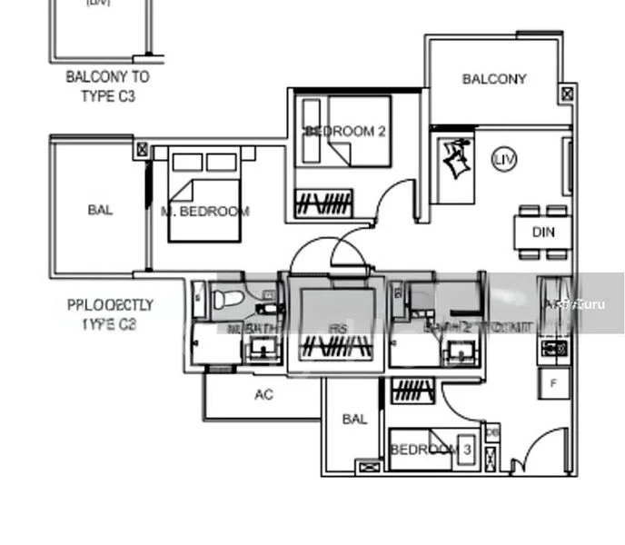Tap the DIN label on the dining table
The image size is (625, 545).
[543, 232]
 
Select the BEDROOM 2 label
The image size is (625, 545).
[346, 132]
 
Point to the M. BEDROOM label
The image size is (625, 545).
[205, 212]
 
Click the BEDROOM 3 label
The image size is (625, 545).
[431, 450]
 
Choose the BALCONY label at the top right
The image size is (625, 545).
[494, 79]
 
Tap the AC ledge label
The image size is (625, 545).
[263, 395]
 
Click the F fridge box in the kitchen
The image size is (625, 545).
[554, 383]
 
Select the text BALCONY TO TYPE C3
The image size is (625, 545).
[107, 86]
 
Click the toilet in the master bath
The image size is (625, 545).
[228, 296]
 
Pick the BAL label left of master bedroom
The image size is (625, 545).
[100, 211]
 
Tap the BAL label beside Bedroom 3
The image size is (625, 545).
[354, 419]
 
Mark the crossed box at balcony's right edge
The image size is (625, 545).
[568, 94]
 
